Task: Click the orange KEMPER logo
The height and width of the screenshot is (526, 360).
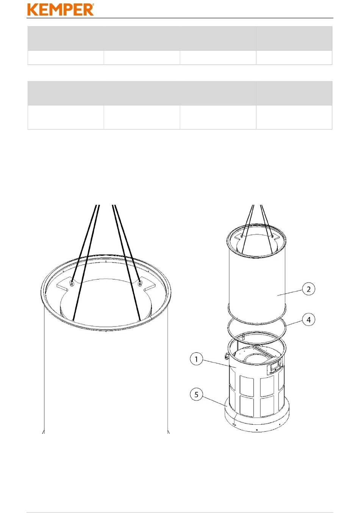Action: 60,9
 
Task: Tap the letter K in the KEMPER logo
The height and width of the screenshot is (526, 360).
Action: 32,9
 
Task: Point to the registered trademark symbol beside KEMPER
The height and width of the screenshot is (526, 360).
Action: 93,5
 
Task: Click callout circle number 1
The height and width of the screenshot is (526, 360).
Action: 196,359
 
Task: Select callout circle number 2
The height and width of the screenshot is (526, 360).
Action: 308,289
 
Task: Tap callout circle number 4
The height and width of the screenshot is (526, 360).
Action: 308,320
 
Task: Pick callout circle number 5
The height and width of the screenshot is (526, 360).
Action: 196,395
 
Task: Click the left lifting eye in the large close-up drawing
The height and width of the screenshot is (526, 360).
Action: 72,283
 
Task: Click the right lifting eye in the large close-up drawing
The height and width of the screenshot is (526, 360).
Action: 140,284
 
